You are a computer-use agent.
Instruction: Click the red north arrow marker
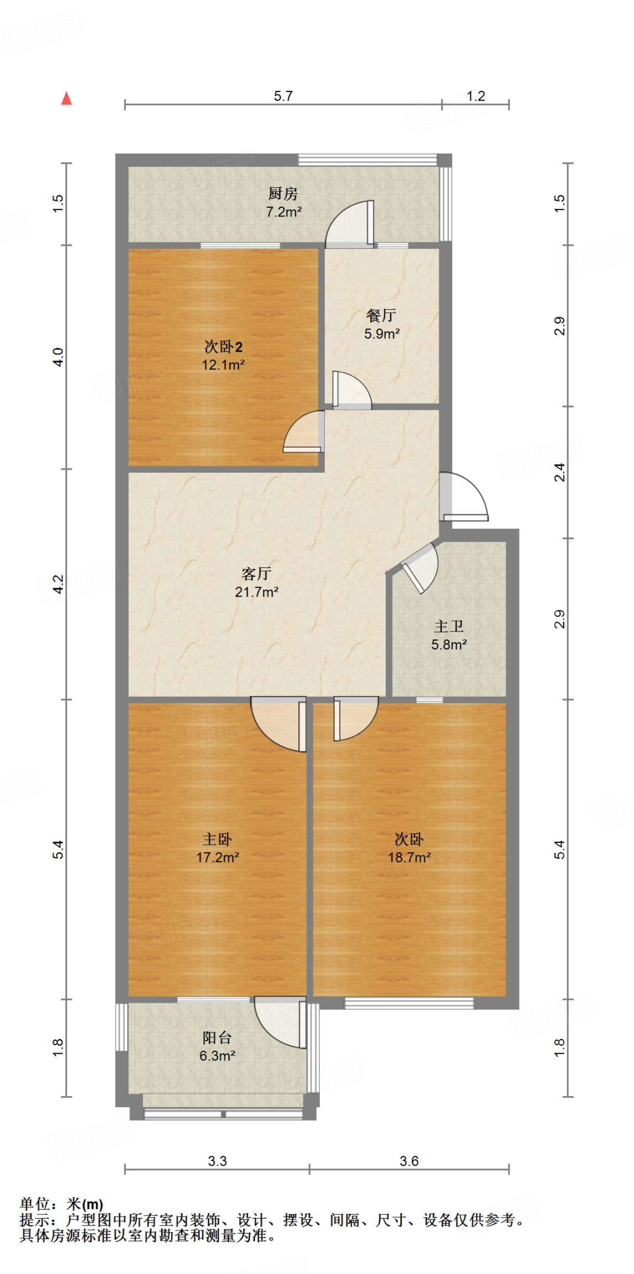(x=67, y=98)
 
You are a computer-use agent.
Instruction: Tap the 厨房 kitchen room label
(x=283, y=194)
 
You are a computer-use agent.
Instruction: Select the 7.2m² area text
(x=284, y=212)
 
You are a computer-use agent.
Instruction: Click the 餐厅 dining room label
(x=381, y=315)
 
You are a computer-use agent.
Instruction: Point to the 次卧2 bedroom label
(x=223, y=347)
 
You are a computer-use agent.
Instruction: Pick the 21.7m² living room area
(x=256, y=592)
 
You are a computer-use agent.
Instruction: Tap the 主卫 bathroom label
(x=449, y=626)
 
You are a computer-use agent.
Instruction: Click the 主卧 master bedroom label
(x=217, y=839)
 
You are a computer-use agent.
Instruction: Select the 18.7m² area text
(x=409, y=857)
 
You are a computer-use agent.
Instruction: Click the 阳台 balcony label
(x=217, y=1038)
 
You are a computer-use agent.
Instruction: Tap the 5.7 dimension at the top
(x=283, y=96)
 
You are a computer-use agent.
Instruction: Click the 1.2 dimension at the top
(x=476, y=96)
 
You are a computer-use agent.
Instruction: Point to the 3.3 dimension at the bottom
(x=217, y=1161)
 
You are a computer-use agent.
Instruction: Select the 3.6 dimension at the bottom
(x=409, y=1161)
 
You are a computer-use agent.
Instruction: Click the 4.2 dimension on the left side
(x=58, y=584)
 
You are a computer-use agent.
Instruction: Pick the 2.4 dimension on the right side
(x=560, y=472)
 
